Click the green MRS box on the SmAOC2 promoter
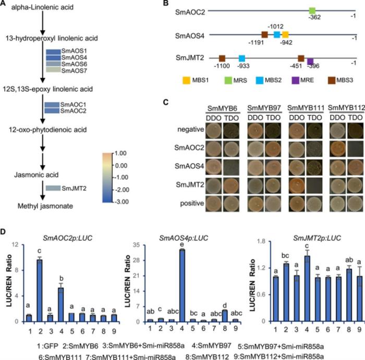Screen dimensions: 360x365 coord(312,11)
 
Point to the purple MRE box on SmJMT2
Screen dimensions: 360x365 coord(310,61)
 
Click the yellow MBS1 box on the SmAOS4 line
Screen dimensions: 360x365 coord(285,34)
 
